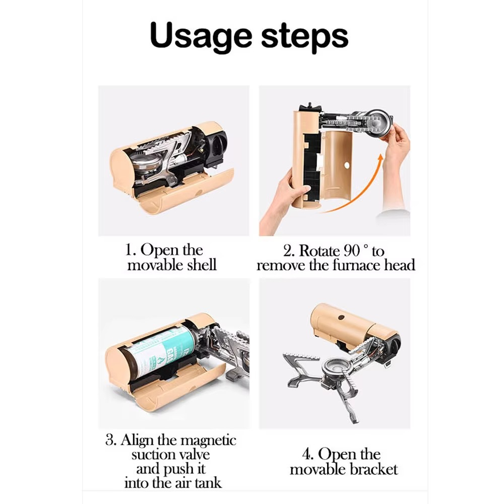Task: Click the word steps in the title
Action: (x=305, y=35)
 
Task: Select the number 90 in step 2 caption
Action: (x=352, y=251)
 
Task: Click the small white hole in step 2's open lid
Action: (x=347, y=165)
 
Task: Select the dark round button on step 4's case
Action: (x=341, y=318)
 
